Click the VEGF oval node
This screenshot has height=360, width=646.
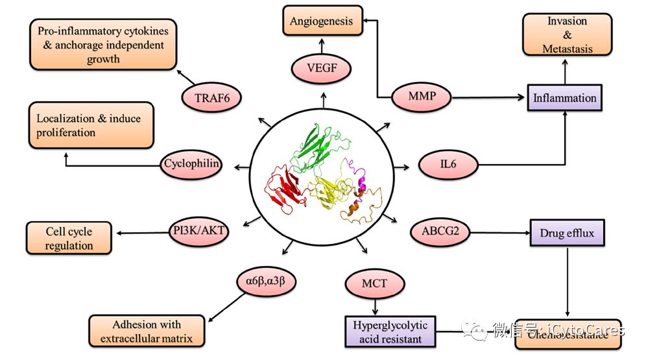click(322, 69)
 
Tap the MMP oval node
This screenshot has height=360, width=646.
click(421, 98)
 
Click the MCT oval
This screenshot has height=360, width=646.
click(375, 283)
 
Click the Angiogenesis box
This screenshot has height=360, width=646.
click(321, 21)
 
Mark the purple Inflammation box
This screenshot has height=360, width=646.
click(564, 98)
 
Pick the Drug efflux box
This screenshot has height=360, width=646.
click(567, 232)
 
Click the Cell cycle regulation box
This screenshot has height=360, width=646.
click(69, 238)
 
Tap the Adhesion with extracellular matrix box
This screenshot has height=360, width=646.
click(146, 331)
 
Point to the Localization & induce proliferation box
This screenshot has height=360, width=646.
click(91, 125)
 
